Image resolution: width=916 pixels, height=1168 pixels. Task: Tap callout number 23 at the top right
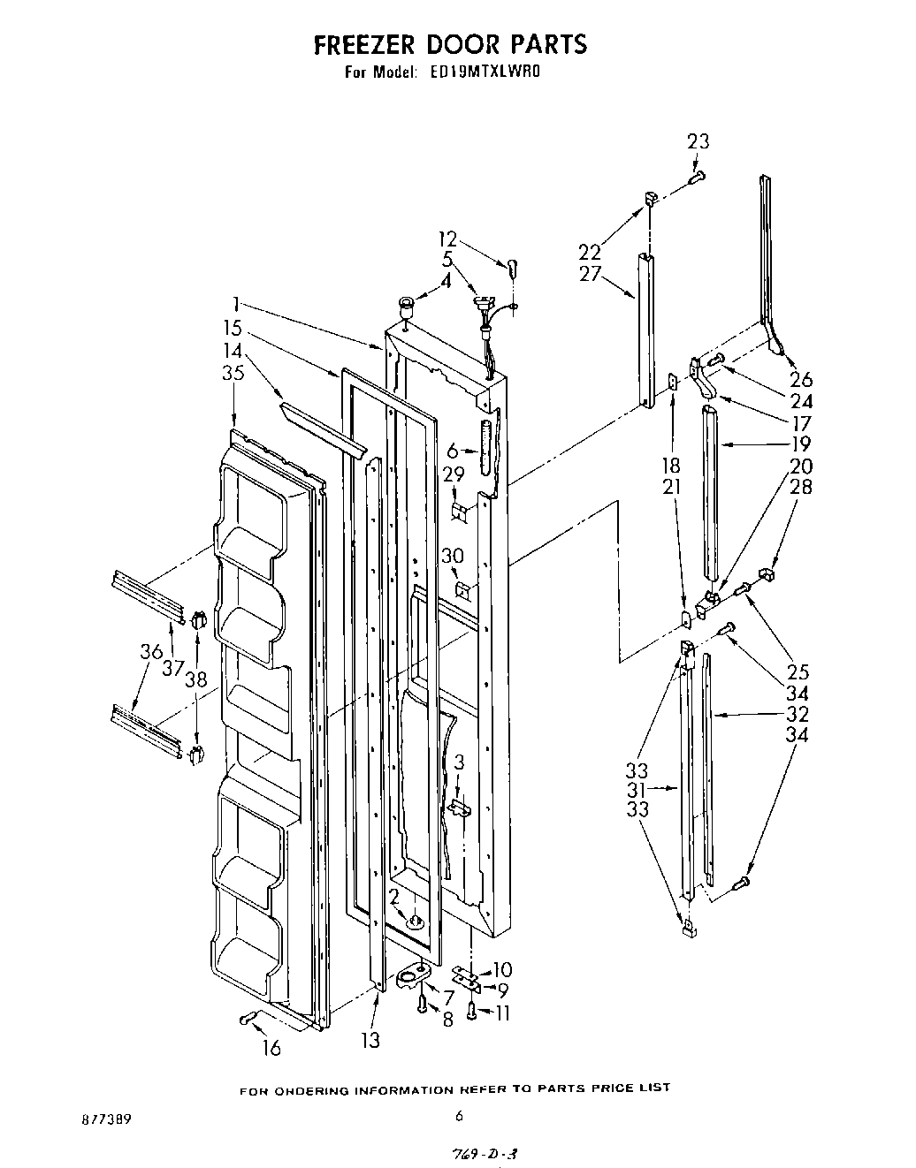(x=698, y=141)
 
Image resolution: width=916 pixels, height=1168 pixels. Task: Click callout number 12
(x=448, y=239)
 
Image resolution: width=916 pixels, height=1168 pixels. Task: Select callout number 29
(x=454, y=474)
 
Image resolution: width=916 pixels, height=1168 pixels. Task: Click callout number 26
(x=801, y=379)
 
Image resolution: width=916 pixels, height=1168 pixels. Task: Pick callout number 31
(x=636, y=790)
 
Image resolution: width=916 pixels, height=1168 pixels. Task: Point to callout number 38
(x=195, y=679)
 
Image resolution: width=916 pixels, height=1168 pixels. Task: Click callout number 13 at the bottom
(x=370, y=1040)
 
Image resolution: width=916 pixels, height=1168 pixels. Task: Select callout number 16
(x=271, y=1048)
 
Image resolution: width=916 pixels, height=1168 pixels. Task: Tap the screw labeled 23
(x=696, y=178)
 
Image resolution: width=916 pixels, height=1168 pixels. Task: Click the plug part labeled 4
(x=408, y=307)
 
